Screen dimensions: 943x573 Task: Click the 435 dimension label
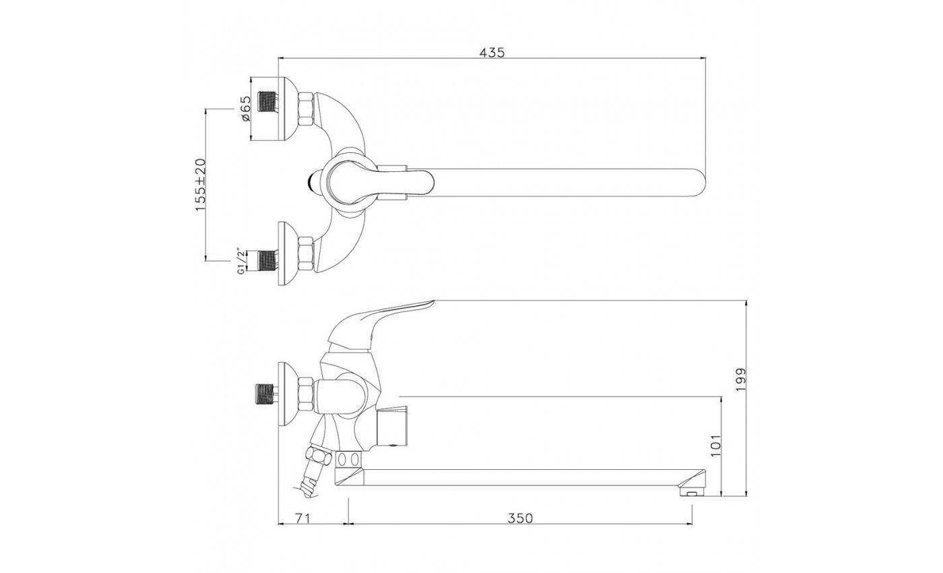coord(492,53)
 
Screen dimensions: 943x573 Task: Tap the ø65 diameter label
coord(247,109)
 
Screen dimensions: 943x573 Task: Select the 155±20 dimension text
coord(201,185)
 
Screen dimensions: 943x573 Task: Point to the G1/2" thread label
coord(241,262)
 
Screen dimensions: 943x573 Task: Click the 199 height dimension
coord(740,380)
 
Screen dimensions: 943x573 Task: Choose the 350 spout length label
coord(520,518)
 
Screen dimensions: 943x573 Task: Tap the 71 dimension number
coord(302,518)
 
